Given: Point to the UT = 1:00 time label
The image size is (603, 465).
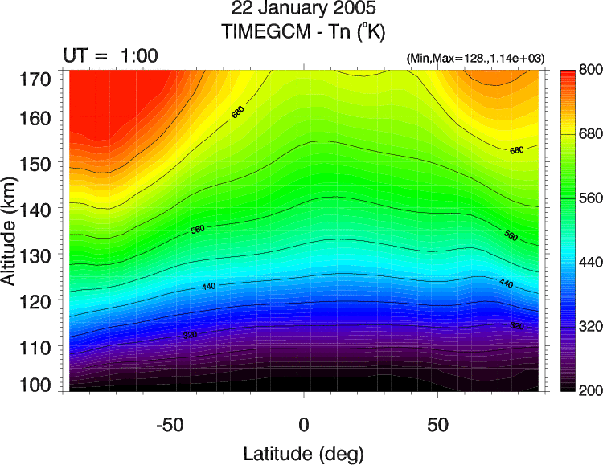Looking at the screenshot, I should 110,55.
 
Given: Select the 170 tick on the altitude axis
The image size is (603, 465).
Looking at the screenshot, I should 36,79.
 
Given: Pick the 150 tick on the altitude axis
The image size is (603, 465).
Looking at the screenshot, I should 36,163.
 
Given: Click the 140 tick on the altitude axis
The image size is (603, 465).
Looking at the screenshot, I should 36,209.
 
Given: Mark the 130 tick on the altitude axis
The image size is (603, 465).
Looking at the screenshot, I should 36,255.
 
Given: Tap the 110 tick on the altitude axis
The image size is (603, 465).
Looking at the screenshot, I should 36,346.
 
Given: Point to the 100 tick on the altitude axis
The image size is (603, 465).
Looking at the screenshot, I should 36,385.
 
